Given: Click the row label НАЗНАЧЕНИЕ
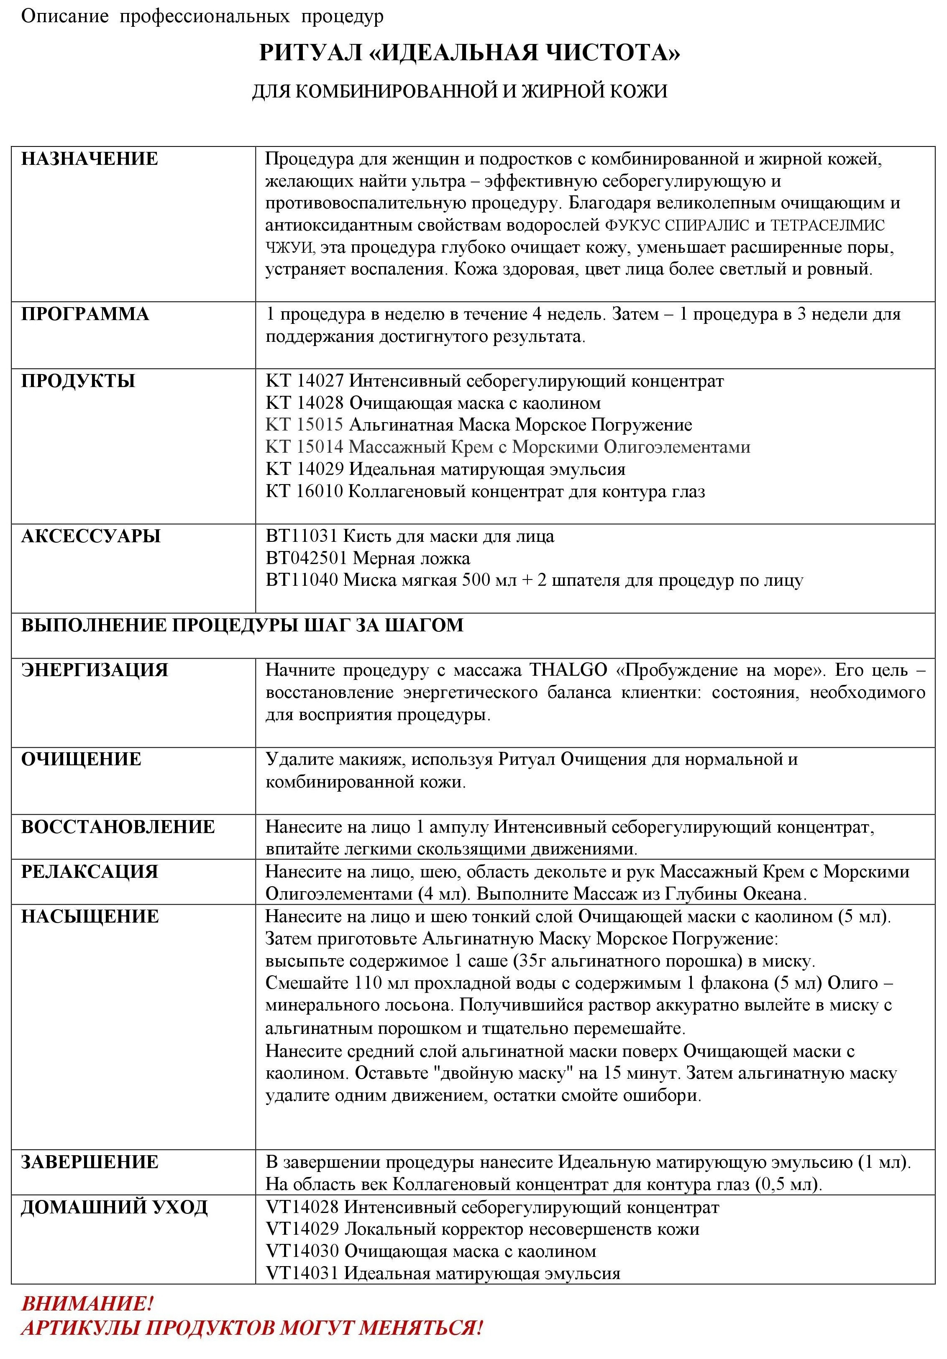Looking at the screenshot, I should coord(90,159).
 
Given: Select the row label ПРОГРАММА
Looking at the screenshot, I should coord(84,314).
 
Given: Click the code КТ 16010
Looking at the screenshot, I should coord(304,491).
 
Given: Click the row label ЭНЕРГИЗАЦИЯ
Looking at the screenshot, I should coord(95,670).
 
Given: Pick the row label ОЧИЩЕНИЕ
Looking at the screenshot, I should coord(81,759).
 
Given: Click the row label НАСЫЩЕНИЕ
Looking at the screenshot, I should coord(90,917).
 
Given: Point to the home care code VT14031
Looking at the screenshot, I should coord(302,1273).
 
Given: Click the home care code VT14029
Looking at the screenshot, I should coord(302,1229).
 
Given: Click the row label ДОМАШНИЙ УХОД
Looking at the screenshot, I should coord(114,1207).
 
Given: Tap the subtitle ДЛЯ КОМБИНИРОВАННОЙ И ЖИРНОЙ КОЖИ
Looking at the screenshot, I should coord(459,91).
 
